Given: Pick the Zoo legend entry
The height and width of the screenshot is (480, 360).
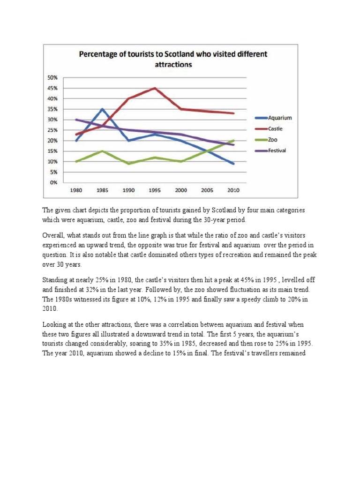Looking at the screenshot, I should [272, 140].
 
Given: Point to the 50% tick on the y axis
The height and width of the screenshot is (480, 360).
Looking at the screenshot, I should [52, 78].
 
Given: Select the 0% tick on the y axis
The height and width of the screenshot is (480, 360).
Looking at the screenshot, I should [53, 182].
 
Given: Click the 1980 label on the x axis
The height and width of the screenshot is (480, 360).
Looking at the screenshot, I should [76, 191].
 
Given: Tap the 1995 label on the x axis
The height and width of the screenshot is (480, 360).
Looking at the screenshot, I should [155, 191].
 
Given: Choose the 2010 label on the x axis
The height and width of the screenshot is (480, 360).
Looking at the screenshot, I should [233, 191].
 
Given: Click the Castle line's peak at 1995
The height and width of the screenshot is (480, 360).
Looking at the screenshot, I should [155, 88].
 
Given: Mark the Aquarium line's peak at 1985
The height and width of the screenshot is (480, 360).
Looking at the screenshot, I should [102, 109].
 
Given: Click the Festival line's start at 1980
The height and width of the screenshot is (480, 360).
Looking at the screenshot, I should [76, 120].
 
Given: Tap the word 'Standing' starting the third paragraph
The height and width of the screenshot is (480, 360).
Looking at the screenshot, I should [56, 280].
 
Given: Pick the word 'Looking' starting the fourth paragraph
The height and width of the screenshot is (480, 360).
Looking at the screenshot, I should [56, 324].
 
